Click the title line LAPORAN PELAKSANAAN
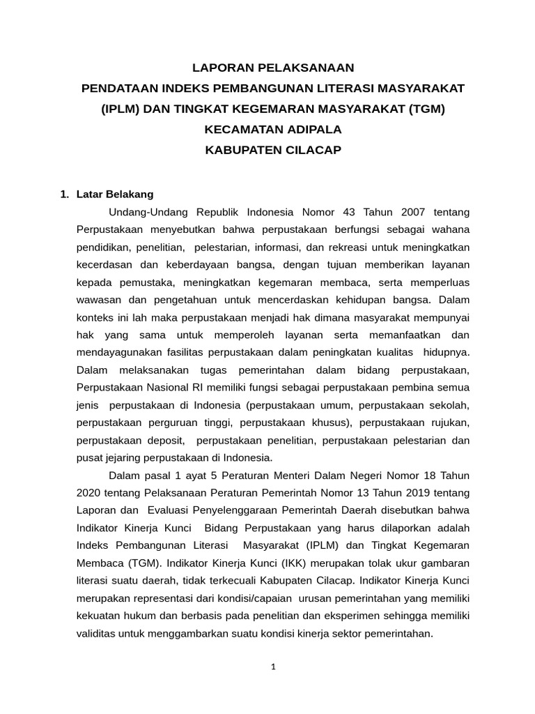click(x=273, y=68)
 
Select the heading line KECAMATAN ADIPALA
click(x=273, y=130)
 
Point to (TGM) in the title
click(x=426, y=109)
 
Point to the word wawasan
click(x=98, y=300)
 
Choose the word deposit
click(x=165, y=440)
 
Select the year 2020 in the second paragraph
click(x=88, y=493)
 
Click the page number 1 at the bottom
click(x=274, y=667)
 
